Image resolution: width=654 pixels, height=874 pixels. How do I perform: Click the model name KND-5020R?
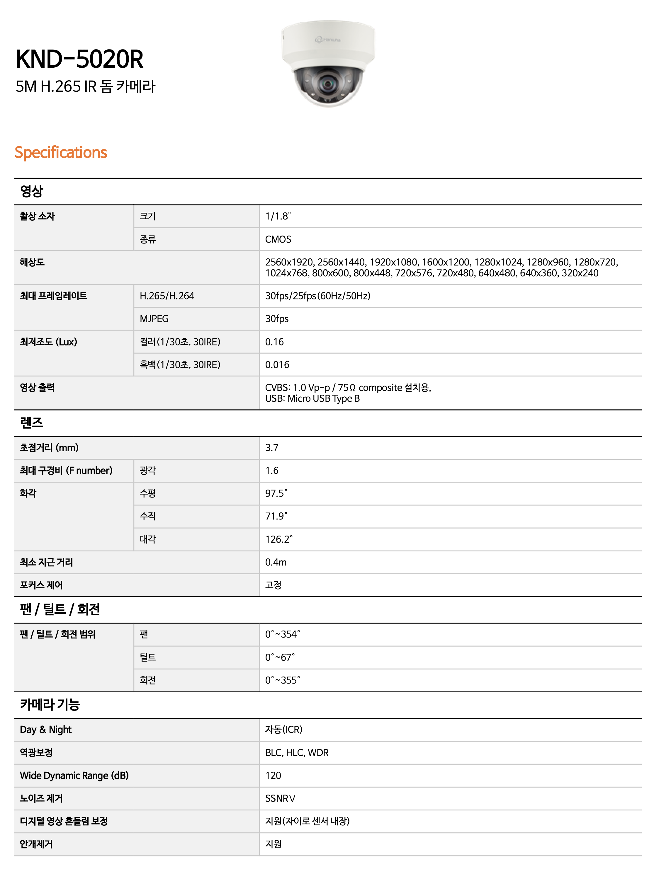click(79, 59)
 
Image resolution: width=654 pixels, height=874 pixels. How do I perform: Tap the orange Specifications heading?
click(61, 153)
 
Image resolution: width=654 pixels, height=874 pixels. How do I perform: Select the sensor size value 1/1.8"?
click(278, 216)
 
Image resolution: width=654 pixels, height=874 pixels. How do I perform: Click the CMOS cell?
click(278, 239)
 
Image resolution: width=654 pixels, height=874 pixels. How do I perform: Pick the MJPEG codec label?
click(154, 318)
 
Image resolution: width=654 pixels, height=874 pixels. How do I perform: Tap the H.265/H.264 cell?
click(167, 296)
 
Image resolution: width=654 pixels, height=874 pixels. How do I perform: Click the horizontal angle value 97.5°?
click(276, 493)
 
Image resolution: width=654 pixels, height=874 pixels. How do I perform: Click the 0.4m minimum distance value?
click(276, 562)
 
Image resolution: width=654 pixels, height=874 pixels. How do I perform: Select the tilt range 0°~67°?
click(280, 657)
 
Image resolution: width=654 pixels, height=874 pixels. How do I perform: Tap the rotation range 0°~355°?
click(282, 680)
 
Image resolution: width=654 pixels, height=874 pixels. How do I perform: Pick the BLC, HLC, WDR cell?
click(297, 752)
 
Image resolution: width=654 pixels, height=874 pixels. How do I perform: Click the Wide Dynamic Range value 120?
click(273, 775)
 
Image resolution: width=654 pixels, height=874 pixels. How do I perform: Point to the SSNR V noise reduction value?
click(280, 798)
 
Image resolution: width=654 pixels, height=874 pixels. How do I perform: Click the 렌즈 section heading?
click(32, 423)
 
